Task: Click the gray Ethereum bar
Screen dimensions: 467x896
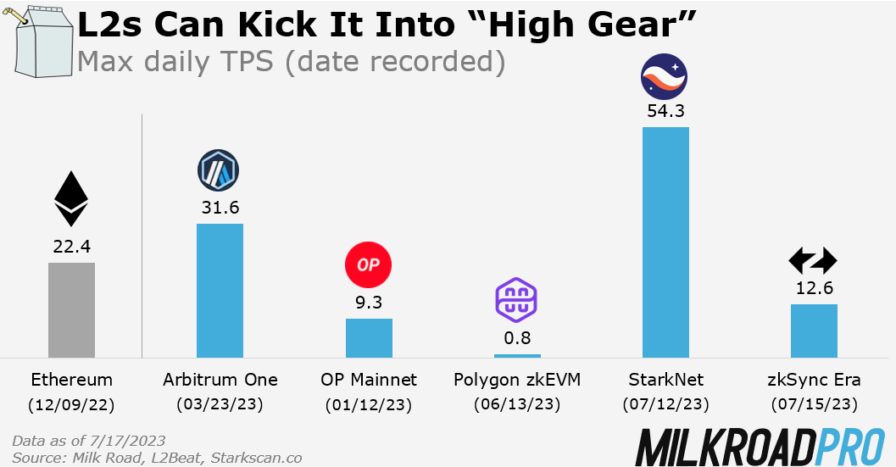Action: click(x=71, y=310)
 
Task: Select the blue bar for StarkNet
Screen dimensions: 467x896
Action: click(x=665, y=242)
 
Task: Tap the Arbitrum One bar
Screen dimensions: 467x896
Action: click(x=220, y=291)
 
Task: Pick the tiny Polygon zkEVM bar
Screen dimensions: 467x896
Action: click(x=517, y=355)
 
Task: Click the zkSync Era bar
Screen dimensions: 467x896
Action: click(x=814, y=331)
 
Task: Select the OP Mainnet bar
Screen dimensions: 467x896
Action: click(x=369, y=338)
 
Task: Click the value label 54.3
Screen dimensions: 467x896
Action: click(x=665, y=111)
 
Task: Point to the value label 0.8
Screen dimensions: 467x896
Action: click(x=517, y=337)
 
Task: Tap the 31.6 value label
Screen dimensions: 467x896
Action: click(x=220, y=207)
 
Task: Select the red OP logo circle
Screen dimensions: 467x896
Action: click(x=369, y=265)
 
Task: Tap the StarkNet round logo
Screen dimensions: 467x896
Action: click(x=665, y=76)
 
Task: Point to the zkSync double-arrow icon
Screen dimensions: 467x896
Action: click(x=813, y=260)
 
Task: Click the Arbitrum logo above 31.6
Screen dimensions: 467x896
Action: click(x=219, y=170)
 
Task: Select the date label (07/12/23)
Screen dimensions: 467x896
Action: click(x=665, y=405)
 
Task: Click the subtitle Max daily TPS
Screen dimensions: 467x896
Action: click(x=290, y=62)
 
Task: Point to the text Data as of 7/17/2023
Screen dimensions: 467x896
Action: click(x=90, y=442)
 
